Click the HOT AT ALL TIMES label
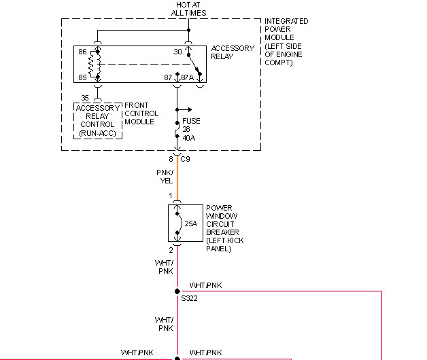point(188,9)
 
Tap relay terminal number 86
point(82,52)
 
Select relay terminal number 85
point(82,76)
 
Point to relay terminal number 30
point(178,52)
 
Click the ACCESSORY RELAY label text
point(233,53)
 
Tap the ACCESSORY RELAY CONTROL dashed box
point(97,120)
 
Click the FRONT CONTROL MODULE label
point(141,114)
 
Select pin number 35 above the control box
point(85,97)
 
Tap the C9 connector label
point(186,159)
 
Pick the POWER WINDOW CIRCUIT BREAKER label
point(224,228)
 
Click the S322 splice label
point(188,298)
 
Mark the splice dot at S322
point(177,291)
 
